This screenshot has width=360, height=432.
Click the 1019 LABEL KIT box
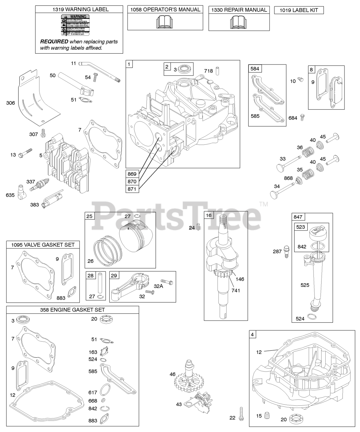299,10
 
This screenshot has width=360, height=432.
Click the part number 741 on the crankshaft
236,290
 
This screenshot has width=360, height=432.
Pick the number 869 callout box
132,174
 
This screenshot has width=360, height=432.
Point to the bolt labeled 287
286,251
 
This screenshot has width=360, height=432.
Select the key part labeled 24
199,228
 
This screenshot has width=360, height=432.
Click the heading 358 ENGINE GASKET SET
73,310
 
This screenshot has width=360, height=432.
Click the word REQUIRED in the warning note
54,42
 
